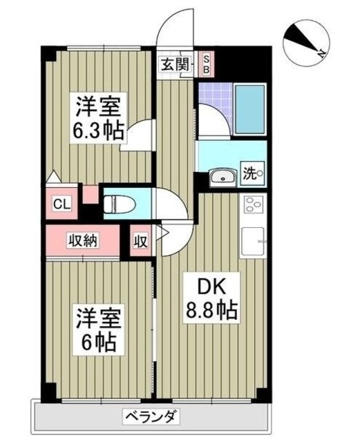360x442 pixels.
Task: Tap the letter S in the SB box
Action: pos(207,60)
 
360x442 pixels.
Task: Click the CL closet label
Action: pos(61,204)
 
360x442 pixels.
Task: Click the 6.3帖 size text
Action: pos(99,131)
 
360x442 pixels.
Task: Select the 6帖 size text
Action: pos(97,341)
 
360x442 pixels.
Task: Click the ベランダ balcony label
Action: pos(152,416)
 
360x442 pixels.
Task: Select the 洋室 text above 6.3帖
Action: pos(99,107)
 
